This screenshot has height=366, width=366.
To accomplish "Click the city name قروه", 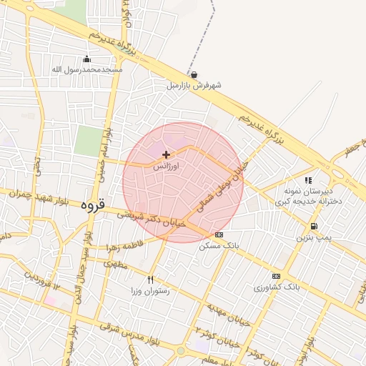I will pos(92,205).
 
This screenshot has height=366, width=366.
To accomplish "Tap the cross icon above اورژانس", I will pos(167,154).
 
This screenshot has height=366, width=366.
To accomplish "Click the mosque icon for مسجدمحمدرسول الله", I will pos(87,59).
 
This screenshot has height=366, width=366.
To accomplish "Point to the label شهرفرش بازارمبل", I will pos(194,85).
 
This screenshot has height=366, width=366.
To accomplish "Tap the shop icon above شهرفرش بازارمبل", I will pos(194,74).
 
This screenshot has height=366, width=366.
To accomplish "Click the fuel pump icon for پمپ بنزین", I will pos(315,225).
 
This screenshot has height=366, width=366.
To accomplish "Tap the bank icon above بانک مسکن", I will pos(219,234).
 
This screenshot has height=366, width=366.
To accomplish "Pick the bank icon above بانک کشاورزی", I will pos(276,276).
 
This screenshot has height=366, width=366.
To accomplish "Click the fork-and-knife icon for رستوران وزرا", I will pos(150,280).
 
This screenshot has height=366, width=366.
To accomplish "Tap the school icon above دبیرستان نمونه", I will pos(308,181).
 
